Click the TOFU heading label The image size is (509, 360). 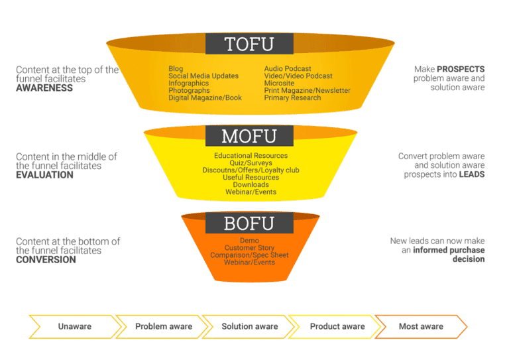coord(249,44)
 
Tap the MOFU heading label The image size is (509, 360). coord(249,136)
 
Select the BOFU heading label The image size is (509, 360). coord(249,223)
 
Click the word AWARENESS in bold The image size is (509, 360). coord(44,88)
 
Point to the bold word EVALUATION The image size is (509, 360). coord(45,175)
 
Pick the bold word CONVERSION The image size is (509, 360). coord(46,260)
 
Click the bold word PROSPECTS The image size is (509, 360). coord(461,69)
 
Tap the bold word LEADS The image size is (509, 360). coord(472,174)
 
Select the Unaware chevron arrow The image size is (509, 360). coord(75,327)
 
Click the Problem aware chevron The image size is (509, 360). coord(164,327)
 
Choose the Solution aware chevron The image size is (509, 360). coord(250,327)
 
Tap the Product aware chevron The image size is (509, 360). coord(337,327)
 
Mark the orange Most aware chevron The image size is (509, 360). coord(421,327)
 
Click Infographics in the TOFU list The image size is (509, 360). coord(189,84)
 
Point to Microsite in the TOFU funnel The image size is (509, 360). coord(279,83)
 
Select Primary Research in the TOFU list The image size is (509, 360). coord(292,97)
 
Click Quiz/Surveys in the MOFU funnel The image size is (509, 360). coord(251,163)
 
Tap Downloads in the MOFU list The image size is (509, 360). coord(251,185)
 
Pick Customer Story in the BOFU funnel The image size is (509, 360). coord(249,248)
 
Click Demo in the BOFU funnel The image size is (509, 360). coord(249,241)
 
